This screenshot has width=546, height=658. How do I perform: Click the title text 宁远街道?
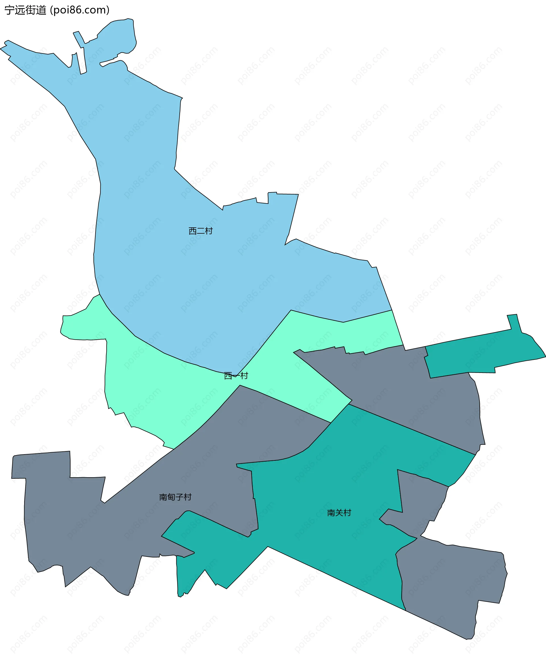(x=25, y=10)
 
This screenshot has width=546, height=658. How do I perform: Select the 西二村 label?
(x=200, y=231)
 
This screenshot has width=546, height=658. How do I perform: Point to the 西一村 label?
(x=236, y=375)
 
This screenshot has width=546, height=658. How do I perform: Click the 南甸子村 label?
(x=175, y=497)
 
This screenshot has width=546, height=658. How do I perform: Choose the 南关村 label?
(x=339, y=512)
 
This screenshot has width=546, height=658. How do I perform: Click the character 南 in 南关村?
(x=331, y=512)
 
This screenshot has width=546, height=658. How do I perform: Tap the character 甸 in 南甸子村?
(x=171, y=497)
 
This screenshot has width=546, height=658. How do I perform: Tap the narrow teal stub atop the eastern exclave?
(x=514, y=323)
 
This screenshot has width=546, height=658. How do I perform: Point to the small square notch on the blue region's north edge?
(x=272, y=198)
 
